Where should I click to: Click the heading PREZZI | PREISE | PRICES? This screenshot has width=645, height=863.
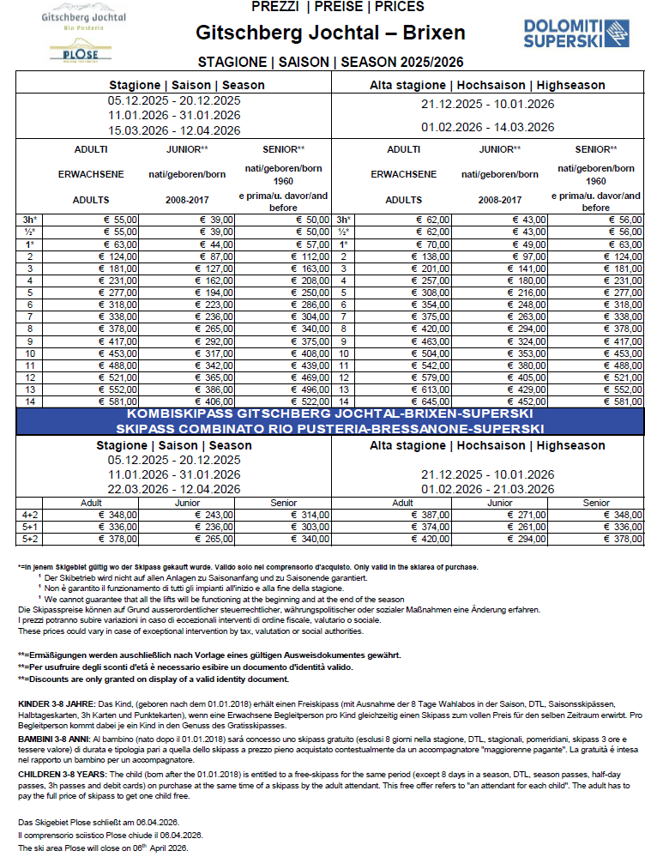[x=337, y=7]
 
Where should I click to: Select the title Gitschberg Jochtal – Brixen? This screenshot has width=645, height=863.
[x=330, y=33]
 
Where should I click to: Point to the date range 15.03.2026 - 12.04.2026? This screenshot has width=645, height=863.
[x=174, y=131]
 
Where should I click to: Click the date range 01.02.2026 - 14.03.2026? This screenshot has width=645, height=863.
[x=487, y=128]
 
